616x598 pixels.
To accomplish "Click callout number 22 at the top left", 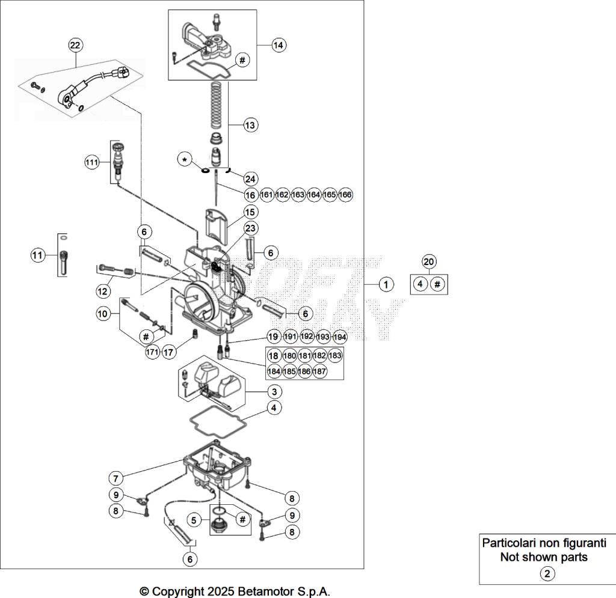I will [x=76, y=45].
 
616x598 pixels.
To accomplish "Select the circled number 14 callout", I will [x=278, y=45].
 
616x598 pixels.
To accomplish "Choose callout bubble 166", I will [x=345, y=195].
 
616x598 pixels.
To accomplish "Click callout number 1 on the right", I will [x=386, y=284].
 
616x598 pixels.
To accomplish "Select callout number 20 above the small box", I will [x=429, y=261].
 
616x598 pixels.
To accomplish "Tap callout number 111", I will [x=91, y=163].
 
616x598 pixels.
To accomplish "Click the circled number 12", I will [x=103, y=291].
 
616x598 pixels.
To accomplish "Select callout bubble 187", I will [x=320, y=371].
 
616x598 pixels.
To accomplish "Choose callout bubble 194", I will [x=340, y=337].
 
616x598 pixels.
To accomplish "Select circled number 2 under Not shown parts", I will [x=547, y=573].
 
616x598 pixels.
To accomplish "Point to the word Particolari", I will [x=511, y=543].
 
